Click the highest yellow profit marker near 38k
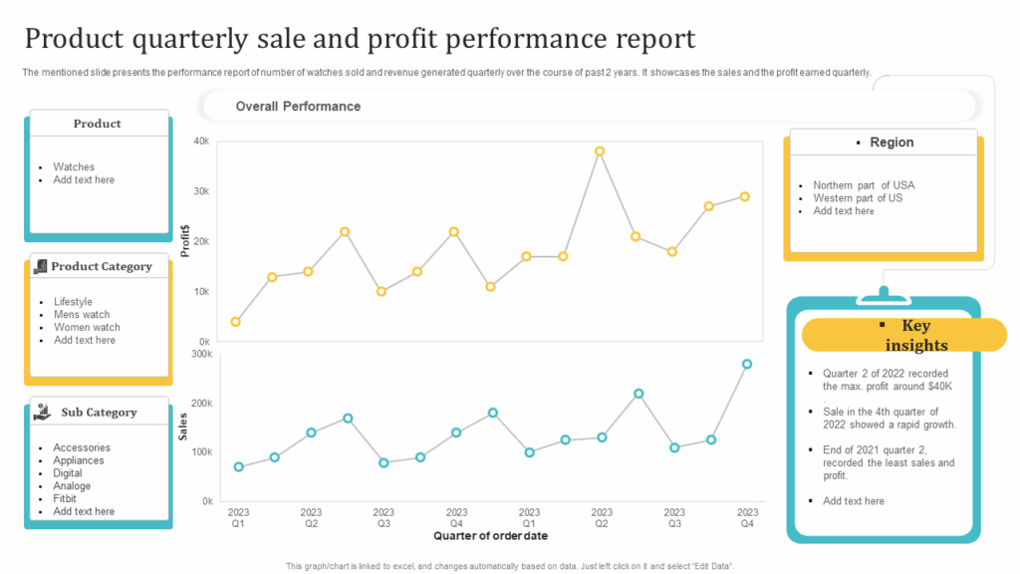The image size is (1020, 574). (x=600, y=151)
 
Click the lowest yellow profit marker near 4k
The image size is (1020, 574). (x=235, y=322)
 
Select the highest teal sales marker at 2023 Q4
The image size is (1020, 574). (x=747, y=365)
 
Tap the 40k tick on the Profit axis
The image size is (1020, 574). (x=201, y=142)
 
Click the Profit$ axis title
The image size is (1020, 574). (x=185, y=240)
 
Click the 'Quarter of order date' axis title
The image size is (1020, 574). (x=491, y=536)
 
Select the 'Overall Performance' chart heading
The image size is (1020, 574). (x=298, y=107)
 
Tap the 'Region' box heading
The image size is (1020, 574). (x=891, y=143)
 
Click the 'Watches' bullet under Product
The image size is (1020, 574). (x=74, y=167)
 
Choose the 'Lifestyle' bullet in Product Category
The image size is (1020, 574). (x=73, y=302)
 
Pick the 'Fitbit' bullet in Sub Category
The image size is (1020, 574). (x=66, y=499)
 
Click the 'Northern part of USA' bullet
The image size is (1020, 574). (x=863, y=185)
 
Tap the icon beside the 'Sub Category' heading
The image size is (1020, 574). (x=41, y=412)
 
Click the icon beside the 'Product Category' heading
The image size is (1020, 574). (x=40, y=266)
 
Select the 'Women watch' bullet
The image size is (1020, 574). (x=87, y=328)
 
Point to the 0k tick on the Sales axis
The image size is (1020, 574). (x=206, y=501)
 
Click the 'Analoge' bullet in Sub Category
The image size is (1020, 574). (x=72, y=486)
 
